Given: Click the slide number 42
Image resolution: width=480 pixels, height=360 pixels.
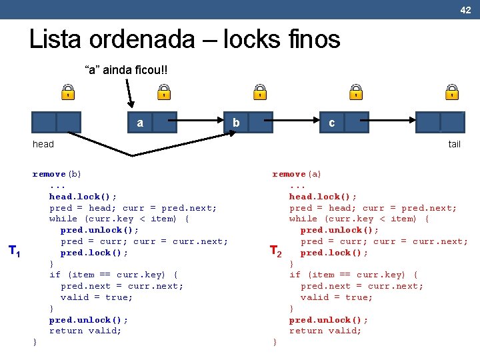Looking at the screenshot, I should [x=465, y=9].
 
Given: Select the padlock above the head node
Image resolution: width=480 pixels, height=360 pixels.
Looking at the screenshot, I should [x=68, y=92].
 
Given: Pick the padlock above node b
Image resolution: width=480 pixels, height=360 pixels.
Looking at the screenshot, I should [x=260, y=92].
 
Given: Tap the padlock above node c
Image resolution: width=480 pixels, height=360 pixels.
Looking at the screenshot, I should [x=357, y=92].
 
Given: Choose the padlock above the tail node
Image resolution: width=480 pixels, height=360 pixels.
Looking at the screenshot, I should [x=452, y=92].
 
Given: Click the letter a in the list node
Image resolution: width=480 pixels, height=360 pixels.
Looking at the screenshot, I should [x=140, y=123].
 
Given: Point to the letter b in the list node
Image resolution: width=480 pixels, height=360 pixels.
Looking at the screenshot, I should [x=236, y=123].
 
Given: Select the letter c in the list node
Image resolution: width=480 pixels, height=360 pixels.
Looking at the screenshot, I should [x=331, y=123].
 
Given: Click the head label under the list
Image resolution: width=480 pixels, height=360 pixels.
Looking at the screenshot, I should [x=43, y=144].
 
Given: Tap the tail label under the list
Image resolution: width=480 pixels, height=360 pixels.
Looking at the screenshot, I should [x=454, y=144].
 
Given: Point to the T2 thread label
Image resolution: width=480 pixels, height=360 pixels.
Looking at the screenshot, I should [x=275, y=251].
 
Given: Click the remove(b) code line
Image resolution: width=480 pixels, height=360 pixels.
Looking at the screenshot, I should [x=57, y=174].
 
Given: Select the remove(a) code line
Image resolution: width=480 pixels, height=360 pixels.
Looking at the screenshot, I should [x=297, y=174].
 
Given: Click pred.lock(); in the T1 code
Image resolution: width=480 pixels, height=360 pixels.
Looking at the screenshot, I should [x=94, y=253].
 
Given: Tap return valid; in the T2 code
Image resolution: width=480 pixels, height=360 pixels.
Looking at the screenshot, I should [x=325, y=331].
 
